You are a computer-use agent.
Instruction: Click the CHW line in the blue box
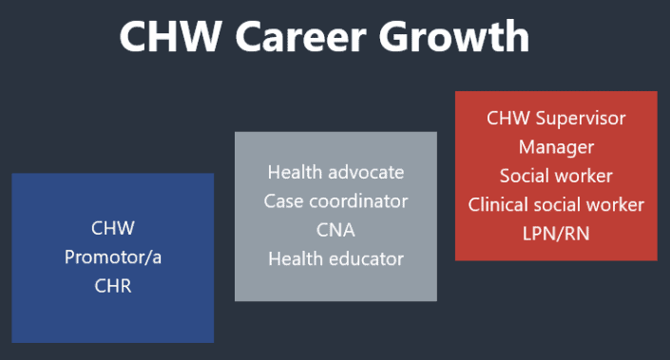click(113, 228)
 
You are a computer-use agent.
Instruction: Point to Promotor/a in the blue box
click(113, 256)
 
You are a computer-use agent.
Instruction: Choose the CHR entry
click(113, 285)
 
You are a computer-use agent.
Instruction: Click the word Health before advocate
click(295, 173)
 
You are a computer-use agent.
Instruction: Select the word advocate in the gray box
click(365, 173)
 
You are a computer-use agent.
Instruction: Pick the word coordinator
click(356, 201)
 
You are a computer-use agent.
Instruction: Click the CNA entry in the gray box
click(335, 230)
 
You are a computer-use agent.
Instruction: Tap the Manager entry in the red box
click(556, 147)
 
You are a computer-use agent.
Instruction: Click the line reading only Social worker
click(556, 176)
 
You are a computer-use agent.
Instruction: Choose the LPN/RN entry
click(556, 233)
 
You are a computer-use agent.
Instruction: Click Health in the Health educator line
click(295, 258)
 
